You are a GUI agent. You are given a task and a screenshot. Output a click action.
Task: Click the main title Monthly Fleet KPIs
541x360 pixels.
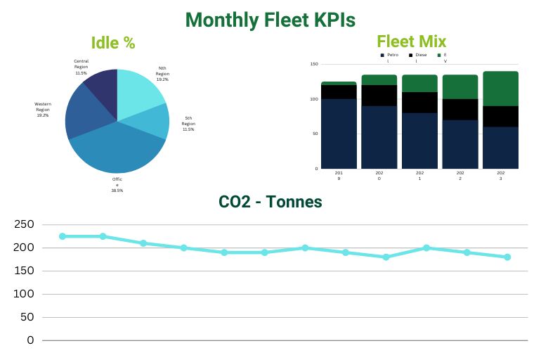click(x=270, y=19)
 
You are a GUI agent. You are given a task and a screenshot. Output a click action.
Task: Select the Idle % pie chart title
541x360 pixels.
click(x=113, y=43)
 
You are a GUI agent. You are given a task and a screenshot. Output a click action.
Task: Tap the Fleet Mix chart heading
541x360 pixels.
click(x=411, y=41)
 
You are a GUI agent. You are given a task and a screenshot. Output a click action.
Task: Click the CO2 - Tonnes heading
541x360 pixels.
click(x=270, y=202)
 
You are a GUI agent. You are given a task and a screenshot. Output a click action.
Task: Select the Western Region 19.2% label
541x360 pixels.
click(x=44, y=109)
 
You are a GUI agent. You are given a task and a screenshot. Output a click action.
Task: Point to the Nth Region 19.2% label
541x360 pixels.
click(x=162, y=74)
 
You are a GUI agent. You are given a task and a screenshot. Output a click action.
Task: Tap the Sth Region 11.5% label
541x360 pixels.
click(x=188, y=123)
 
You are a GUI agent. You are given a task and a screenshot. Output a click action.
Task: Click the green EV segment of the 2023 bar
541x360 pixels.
click(x=500, y=88)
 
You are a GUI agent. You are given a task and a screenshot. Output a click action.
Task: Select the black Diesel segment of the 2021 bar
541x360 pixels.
click(x=419, y=102)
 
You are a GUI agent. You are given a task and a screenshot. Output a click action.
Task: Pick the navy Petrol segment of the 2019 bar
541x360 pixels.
click(x=339, y=134)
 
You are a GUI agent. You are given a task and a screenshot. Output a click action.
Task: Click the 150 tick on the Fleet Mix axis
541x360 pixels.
click(x=314, y=64)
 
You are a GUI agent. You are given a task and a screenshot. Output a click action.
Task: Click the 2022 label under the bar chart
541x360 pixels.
click(x=460, y=175)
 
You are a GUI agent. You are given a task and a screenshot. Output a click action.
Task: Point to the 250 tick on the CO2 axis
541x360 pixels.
click(x=24, y=224)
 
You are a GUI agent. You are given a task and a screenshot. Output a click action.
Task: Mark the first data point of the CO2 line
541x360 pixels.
click(x=63, y=236)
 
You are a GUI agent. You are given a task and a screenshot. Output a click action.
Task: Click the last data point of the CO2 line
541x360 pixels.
click(x=507, y=257)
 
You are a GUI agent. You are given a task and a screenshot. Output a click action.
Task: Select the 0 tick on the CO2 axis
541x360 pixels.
click(x=30, y=340)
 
